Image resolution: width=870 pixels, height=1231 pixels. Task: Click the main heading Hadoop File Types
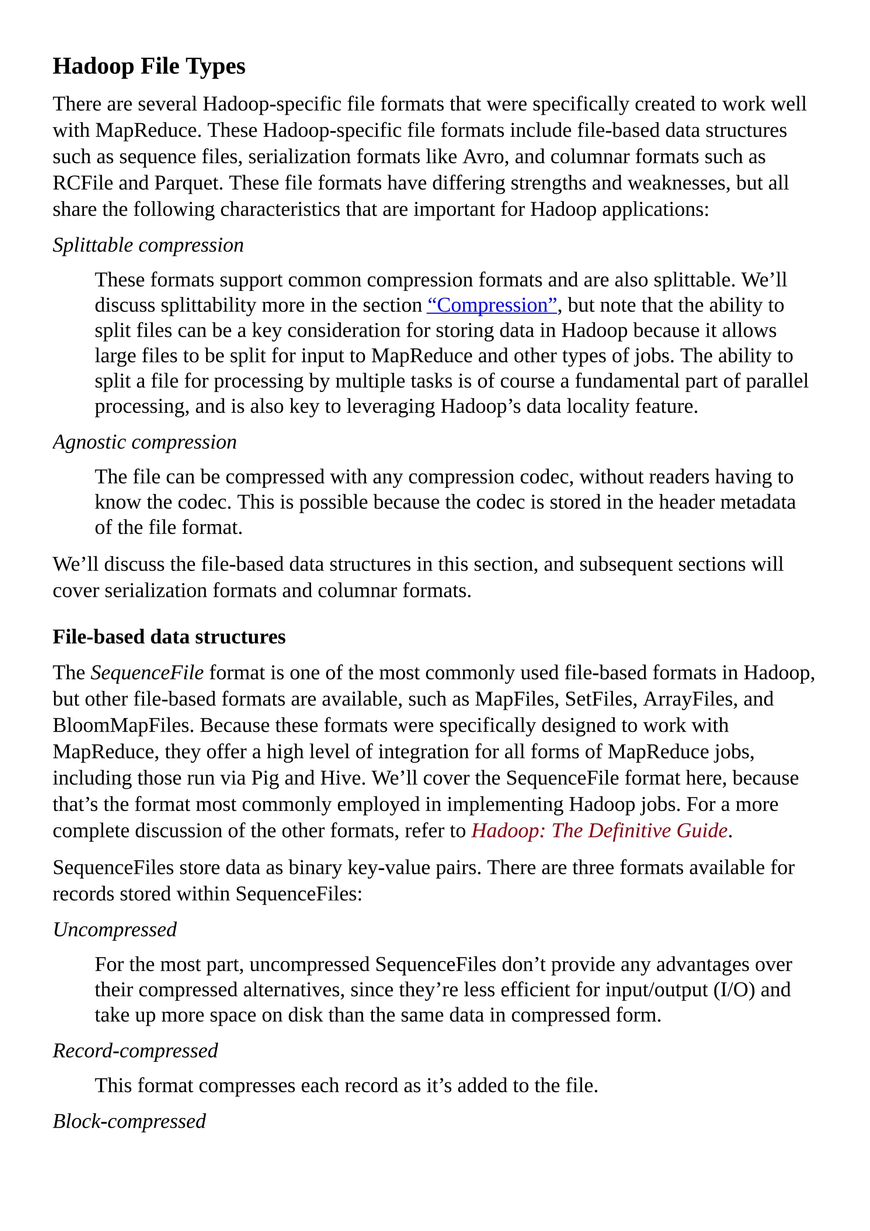click(149, 66)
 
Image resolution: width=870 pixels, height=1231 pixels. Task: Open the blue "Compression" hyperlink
click(492, 305)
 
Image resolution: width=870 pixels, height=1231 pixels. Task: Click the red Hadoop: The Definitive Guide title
click(599, 831)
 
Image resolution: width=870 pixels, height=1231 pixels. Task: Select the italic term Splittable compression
click(148, 246)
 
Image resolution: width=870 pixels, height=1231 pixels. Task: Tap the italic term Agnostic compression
click(144, 442)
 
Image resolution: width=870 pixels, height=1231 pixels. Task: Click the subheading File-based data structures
click(169, 637)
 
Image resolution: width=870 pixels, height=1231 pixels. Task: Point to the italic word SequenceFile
click(147, 673)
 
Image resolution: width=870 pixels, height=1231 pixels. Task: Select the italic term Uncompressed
click(115, 930)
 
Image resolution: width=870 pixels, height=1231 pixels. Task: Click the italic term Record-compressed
click(135, 1051)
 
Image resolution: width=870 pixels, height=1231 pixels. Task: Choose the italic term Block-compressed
click(129, 1121)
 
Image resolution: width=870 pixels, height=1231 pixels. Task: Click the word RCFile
click(82, 183)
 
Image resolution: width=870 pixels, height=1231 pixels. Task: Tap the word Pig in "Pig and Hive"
click(265, 778)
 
